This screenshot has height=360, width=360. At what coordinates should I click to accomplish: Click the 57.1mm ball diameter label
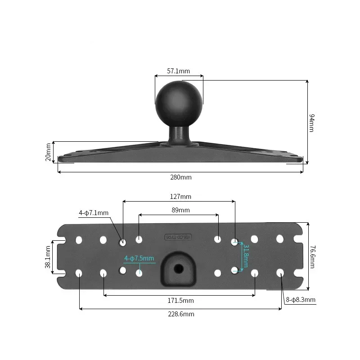click(x=179, y=71)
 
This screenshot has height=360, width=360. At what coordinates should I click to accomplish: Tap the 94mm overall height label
click(x=311, y=123)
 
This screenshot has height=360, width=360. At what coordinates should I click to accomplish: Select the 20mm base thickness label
click(x=49, y=152)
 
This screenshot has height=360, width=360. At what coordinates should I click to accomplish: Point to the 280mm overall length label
click(x=180, y=177)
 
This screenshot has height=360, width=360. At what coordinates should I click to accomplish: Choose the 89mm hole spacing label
click(x=180, y=210)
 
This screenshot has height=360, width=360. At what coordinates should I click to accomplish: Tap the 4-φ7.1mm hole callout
click(x=94, y=213)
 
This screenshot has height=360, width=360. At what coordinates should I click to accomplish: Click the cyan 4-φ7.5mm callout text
click(x=139, y=258)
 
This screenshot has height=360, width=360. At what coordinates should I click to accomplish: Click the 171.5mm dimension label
click(x=179, y=300)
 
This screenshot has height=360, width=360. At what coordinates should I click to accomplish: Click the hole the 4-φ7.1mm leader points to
click(x=122, y=242)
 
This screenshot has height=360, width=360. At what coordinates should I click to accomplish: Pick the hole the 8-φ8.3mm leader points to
click(x=280, y=273)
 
